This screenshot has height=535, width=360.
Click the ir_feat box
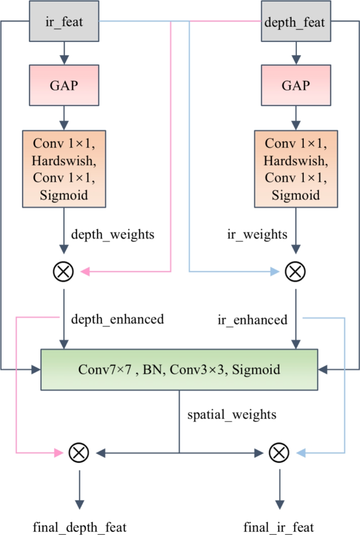64,22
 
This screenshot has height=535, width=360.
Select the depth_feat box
296,22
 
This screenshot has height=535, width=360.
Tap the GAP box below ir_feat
64,85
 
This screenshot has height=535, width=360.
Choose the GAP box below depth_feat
296,85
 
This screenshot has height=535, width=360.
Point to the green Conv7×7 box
179,369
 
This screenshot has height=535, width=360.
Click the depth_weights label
112,234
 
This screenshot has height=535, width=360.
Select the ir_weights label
257,234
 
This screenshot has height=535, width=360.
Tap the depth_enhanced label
117,318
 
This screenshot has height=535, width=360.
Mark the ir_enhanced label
253,320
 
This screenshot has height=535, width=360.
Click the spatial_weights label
232,415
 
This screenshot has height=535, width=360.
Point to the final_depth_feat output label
79,526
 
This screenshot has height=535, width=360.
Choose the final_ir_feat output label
279,526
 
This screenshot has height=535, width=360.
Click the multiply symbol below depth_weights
64,272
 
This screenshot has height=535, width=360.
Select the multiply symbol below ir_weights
295,272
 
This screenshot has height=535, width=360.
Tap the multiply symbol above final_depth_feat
79,452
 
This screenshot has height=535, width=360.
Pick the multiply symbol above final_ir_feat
279,452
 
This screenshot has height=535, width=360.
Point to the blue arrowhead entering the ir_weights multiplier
274,272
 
